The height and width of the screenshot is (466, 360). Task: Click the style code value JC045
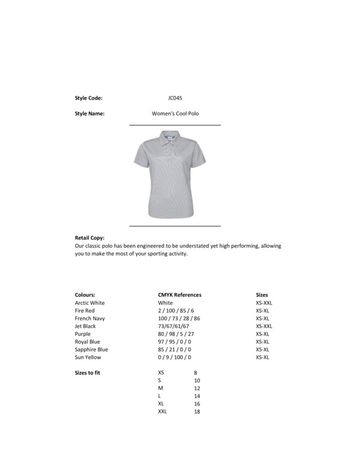[175, 98]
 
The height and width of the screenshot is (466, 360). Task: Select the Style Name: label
[90, 114]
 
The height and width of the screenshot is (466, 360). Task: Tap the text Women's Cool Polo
[175, 114]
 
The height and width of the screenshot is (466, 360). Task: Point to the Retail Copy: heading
[90, 238]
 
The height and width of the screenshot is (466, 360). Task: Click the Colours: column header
[85, 295]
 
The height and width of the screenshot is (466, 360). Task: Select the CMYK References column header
[179, 295]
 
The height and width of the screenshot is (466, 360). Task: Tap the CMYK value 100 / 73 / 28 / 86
[179, 319]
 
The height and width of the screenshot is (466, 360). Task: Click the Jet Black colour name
[86, 326]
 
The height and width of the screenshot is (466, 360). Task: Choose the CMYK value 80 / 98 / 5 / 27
[176, 334]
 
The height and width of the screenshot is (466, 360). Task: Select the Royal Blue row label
[87, 342]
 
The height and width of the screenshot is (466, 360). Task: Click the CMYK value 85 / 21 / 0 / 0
[174, 349]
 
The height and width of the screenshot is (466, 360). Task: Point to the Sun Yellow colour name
[88, 357]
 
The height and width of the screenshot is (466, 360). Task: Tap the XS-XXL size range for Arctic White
[264, 303]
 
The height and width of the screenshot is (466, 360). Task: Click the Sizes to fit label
[88, 373]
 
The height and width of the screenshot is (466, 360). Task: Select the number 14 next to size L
[197, 396]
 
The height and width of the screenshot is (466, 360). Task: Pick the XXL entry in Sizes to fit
[163, 411]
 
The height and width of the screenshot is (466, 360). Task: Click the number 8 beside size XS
[196, 373]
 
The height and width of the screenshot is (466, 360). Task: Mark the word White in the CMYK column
[165, 303]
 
